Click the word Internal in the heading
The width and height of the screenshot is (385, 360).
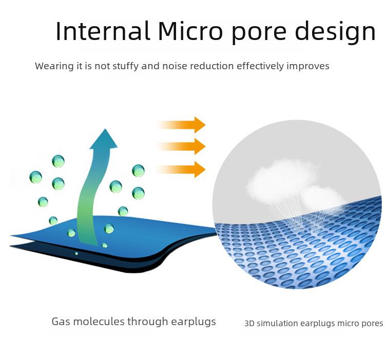pos(103,31)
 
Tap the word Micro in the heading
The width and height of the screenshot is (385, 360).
pos(190,31)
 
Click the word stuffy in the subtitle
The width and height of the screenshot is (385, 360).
pos(125,66)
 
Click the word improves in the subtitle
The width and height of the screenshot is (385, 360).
pos(308,67)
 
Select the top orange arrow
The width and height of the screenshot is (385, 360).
pos(181,125)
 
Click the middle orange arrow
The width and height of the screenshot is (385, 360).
pos(181,146)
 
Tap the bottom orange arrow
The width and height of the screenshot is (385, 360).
pos(181,169)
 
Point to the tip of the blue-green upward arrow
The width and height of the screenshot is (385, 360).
pos(105,129)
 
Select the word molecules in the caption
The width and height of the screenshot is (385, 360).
pos(99,322)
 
